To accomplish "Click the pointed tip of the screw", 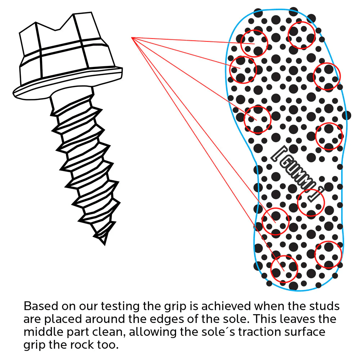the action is [x=104, y=244].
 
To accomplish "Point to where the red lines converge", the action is [x=132, y=38].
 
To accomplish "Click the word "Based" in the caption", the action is [x=41, y=306].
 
